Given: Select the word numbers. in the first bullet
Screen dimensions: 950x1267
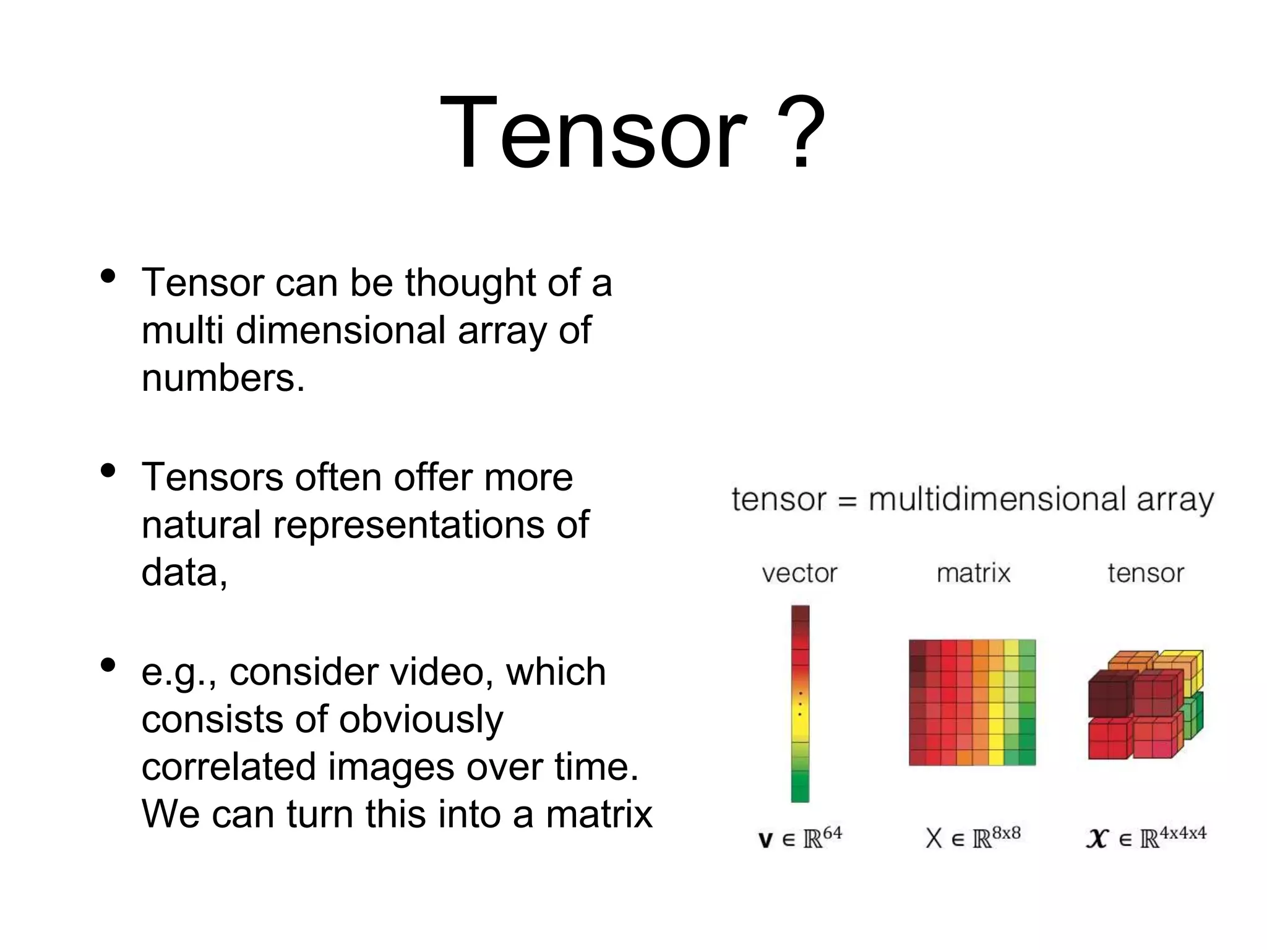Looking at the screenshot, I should (x=223, y=378).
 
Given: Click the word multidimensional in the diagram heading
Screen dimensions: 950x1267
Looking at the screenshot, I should (x=997, y=500).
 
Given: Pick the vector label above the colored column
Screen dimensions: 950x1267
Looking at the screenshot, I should (x=799, y=574).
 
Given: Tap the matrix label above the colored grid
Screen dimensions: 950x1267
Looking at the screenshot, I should (x=973, y=574).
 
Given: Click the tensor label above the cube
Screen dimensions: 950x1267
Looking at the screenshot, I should (x=1145, y=574).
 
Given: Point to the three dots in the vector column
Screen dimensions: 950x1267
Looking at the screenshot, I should (x=800, y=704).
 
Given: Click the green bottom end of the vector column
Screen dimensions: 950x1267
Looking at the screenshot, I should (x=800, y=789).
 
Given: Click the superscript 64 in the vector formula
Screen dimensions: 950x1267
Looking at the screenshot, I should (x=832, y=832).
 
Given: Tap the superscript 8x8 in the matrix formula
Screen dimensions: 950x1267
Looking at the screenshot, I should (x=1006, y=832).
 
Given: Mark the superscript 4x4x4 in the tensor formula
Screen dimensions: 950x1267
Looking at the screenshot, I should (x=1183, y=832).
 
